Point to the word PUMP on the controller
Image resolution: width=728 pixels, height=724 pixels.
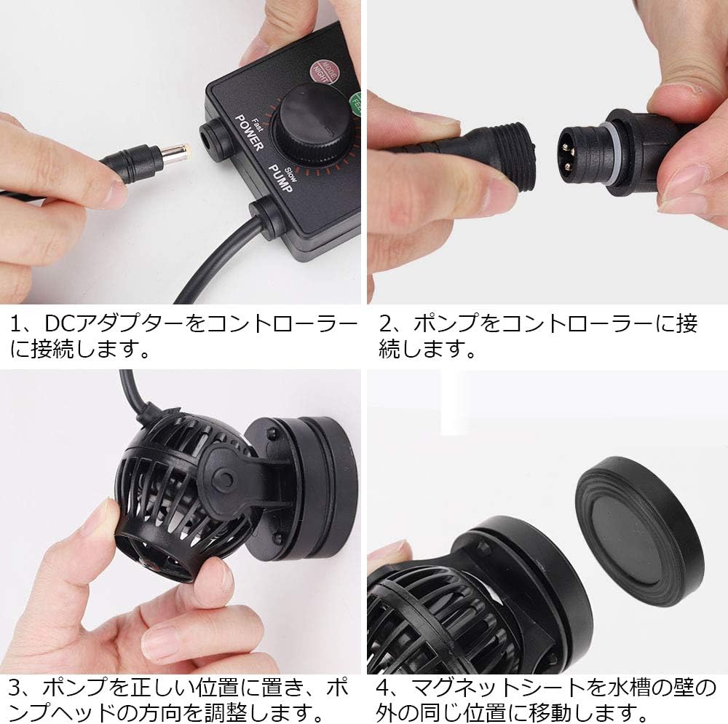[x=280, y=179]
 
